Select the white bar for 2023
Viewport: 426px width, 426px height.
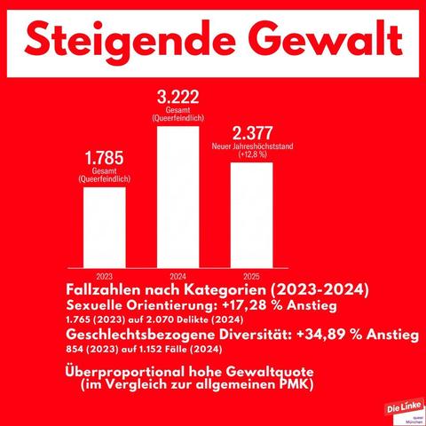pos(105,227)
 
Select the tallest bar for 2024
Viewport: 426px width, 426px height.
pos(178,197)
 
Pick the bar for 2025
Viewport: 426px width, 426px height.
pos(252,215)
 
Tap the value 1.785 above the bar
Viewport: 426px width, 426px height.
pos(104,158)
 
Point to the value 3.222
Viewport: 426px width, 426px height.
pos(177,97)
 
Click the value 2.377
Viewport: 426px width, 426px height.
pos(252,133)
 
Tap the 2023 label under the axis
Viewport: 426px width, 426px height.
pos(105,276)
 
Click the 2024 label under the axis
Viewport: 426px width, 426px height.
pos(178,276)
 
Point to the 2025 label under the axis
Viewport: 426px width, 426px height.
pos(251,276)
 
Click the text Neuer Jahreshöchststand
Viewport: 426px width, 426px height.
pos(252,146)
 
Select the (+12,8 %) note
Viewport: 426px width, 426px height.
pos(252,154)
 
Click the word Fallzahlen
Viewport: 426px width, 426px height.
pos(104,289)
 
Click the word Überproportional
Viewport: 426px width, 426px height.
pos(125,372)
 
